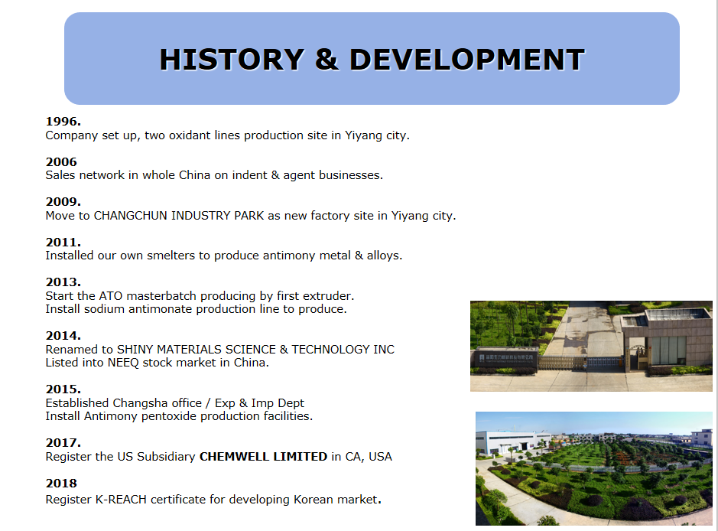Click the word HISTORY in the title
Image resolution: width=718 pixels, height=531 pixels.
pos(232,60)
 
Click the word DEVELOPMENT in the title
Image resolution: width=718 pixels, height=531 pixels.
pos(467,60)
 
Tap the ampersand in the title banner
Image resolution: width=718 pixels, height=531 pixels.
pos(327,60)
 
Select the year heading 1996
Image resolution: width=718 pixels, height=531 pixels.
pos(63,122)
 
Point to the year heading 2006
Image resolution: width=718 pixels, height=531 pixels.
pos(61,161)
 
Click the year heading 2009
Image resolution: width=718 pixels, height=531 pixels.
pos(63,201)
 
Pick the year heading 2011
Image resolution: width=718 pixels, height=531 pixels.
pos(63,242)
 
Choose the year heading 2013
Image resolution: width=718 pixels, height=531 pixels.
pos(63,282)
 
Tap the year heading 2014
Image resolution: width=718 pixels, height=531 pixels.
pos(63,335)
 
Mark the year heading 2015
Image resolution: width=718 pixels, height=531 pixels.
pos(63,389)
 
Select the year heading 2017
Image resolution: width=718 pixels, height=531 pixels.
pos(63,442)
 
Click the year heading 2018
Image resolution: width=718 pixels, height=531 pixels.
pos(61,484)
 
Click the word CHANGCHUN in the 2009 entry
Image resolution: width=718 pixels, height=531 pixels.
pos(131,215)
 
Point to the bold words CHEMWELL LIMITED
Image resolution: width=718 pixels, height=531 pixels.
pos(263,457)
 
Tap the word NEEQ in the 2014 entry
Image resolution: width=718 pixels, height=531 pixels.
pos(123,363)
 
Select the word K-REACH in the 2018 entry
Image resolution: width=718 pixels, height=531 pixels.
pos(121,500)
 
